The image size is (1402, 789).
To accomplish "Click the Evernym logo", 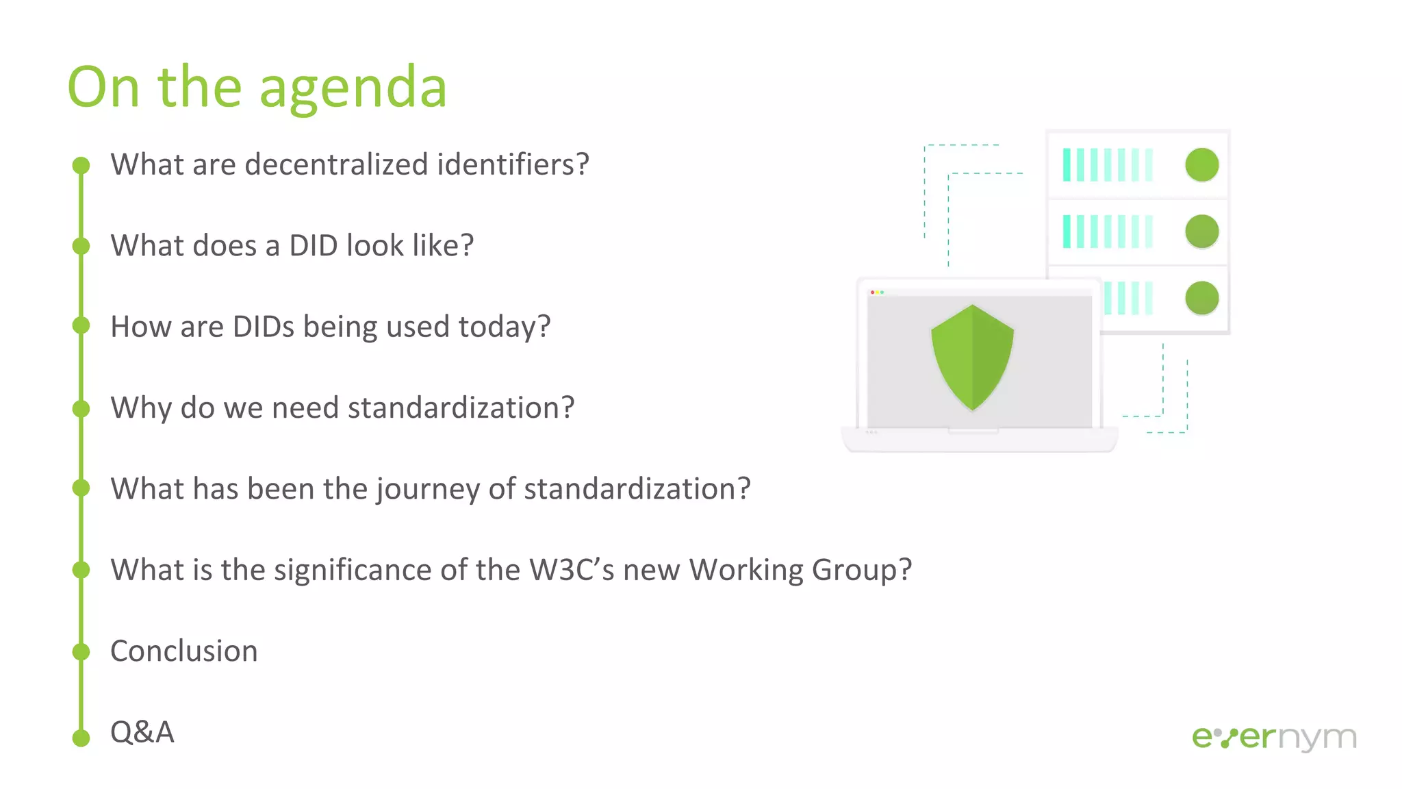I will [1273, 738].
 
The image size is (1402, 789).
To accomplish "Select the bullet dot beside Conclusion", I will [81, 651].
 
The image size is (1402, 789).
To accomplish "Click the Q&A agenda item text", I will [142, 731].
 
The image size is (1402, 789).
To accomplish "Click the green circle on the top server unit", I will [1201, 165].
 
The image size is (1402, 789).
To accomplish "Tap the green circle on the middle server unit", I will [1201, 231].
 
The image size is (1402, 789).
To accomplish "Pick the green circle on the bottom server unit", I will [1201, 298].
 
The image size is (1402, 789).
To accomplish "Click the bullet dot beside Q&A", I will [81, 738].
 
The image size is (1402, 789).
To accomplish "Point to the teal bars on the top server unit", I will [1107, 165].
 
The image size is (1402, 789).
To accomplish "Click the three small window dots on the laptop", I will [877, 292].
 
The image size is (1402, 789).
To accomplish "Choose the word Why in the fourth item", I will [141, 408].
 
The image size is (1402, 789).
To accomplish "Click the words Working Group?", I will [800, 570].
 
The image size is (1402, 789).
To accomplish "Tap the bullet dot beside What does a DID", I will [81, 245].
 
